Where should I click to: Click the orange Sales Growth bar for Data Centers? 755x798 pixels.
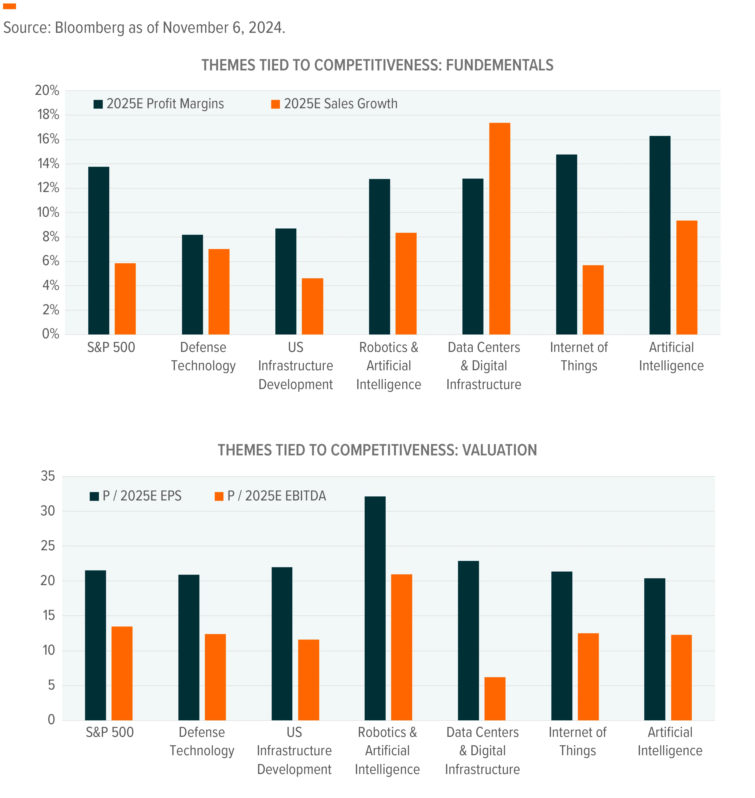pyautogui.click(x=499, y=228)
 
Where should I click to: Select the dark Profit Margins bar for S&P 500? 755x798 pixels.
pyautogui.click(x=99, y=250)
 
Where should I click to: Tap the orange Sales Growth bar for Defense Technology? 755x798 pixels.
pyautogui.click(x=219, y=292)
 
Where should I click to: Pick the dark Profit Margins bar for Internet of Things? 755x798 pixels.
pyautogui.click(x=566, y=244)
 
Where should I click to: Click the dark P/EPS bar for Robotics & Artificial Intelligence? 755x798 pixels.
pyautogui.click(x=375, y=608)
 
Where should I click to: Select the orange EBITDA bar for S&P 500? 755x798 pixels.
pyautogui.click(x=122, y=673)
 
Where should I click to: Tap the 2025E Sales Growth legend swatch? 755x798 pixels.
pyautogui.click(x=276, y=104)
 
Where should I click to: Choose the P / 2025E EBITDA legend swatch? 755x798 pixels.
pyautogui.click(x=219, y=496)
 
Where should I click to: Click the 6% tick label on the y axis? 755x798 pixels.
pyautogui.click(x=51, y=261)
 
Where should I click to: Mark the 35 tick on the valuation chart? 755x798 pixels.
pyautogui.click(x=48, y=476)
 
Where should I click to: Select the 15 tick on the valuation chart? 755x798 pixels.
pyautogui.click(x=48, y=615)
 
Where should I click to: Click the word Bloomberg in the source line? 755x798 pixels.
pyautogui.click(x=90, y=28)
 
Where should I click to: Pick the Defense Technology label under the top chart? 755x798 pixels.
pyautogui.click(x=203, y=357)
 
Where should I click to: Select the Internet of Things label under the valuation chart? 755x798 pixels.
pyautogui.click(x=577, y=741)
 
